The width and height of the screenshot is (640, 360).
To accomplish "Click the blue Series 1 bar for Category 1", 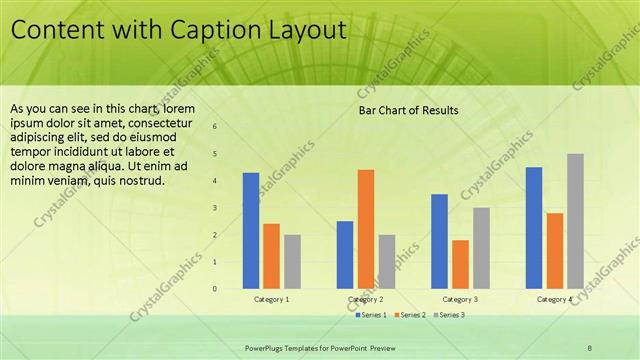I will pyautogui.click(x=251, y=231).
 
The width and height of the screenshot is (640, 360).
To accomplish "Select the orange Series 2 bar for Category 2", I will pyautogui.click(x=365, y=229).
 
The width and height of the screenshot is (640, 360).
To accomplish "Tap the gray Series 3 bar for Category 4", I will pyautogui.click(x=575, y=221).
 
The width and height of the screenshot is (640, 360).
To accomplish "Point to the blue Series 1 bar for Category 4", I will pyautogui.click(x=534, y=228).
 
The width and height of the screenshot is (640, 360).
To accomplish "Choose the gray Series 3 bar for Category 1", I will pyautogui.click(x=292, y=262).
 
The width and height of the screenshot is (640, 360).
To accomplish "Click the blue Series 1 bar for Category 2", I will pyautogui.click(x=345, y=255).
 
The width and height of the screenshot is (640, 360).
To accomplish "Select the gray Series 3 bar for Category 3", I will pyautogui.click(x=481, y=248).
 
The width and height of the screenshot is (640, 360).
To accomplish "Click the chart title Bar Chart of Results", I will pyautogui.click(x=408, y=111).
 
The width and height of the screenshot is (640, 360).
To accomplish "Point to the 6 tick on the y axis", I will pyautogui.click(x=215, y=127).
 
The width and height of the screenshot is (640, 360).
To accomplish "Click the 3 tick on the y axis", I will pyautogui.click(x=215, y=208).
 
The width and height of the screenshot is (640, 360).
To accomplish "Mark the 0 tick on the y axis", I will pyautogui.click(x=215, y=289).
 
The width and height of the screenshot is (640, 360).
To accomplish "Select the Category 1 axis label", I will pyautogui.click(x=271, y=299).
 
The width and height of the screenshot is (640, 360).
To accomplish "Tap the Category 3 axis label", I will pyautogui.click(x=460, y=299).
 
